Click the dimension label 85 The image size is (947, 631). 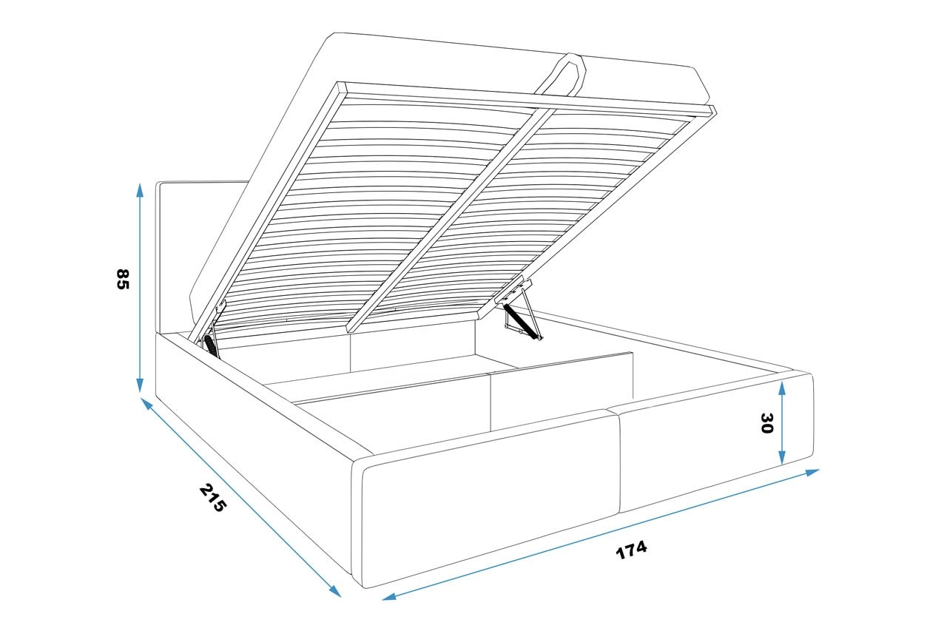122,279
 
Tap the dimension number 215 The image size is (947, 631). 212,498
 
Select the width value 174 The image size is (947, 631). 631,550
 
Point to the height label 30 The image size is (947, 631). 766,423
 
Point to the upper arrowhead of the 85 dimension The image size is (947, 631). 140,191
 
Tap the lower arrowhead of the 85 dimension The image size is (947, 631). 140,385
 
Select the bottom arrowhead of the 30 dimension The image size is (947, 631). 782,457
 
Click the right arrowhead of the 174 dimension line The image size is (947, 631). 812,472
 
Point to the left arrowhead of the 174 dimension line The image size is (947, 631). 389,596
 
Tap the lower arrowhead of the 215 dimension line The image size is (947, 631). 335,591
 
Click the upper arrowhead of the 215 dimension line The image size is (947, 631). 146,404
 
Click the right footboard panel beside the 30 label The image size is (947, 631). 715,442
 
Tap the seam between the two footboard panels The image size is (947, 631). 618,462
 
